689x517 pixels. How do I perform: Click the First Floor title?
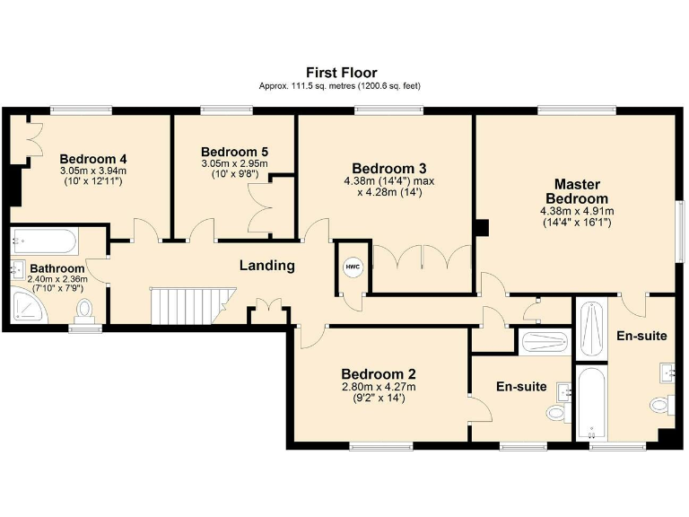pyautogui.click(x=341, y=73)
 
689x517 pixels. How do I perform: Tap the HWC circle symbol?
pyautogui.click(x=353, y=267)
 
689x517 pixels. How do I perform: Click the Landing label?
pyautogui.click(x=266, y=266)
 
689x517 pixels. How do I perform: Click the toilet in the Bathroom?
pyautogui.click(x=86, y=310)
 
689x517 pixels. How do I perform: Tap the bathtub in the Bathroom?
pyautogui.click(x=45, y=241)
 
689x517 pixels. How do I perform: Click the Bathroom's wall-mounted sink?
pyautogui.click(x=17, y=268)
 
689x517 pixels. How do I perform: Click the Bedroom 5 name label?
pyautogui.click(x=234, y=152)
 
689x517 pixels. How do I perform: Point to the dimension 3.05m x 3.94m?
pyautogui.click(x=93, y=171)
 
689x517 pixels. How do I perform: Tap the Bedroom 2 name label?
pyautogui.click(x=378, y=374)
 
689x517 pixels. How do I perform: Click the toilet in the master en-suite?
pyautogui.click(x=660, y=406)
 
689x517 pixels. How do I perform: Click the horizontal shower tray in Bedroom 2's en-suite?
pyautogui.click(x=544, y=342)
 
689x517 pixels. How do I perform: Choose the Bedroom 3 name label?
pyautogui.click(x=388, y=168)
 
